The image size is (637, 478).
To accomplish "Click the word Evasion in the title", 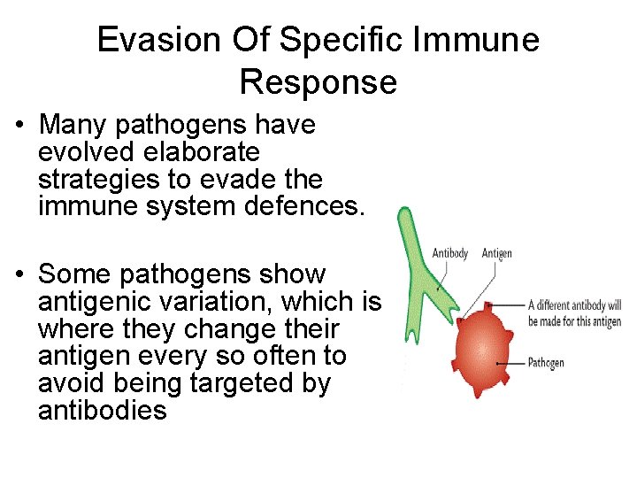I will coord(157,41).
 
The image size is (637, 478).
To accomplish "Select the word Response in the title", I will coord(318,82).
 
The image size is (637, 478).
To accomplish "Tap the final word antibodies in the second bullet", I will coord(103,412).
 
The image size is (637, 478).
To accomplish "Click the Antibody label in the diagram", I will coord(450,254).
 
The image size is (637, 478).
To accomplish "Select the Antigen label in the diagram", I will coord(497,254).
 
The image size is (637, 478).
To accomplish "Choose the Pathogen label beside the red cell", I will coord(546,363).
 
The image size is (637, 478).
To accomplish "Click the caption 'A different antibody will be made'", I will coord(574,312).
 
